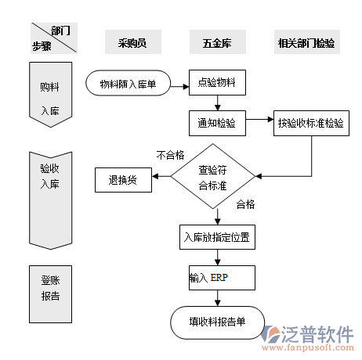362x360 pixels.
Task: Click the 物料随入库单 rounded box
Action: tap(129, 83)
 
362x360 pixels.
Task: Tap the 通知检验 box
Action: tap(217, 122)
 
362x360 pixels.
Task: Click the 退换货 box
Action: tap(122, 179)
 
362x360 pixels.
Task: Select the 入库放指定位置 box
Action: tap(216, 237)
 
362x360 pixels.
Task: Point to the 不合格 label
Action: tap(170, 155)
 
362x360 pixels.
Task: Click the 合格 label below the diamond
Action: tap(245, 204)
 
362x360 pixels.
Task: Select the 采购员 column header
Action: tap(132, 42)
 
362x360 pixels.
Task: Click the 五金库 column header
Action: tap(216, 42)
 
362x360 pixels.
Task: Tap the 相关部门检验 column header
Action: tap(307, 42)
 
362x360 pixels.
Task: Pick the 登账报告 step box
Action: tap(49, 287)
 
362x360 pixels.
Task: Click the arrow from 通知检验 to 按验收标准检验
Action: tap(259, 122)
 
